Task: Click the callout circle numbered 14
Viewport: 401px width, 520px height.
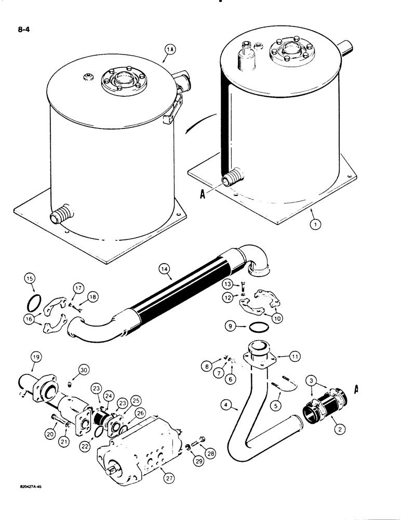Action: [x=165, y=269]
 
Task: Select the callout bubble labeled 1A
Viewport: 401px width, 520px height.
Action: [x=170, y=50]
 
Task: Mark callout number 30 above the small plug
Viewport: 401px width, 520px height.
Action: [x=84, y=371]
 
